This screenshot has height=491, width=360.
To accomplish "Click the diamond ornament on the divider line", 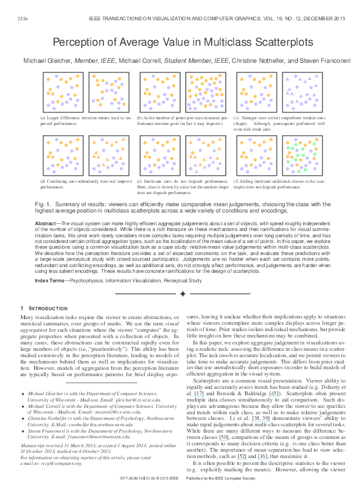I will tap(183, 294).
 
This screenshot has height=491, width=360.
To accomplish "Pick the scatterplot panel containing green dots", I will tap(302, 156).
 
